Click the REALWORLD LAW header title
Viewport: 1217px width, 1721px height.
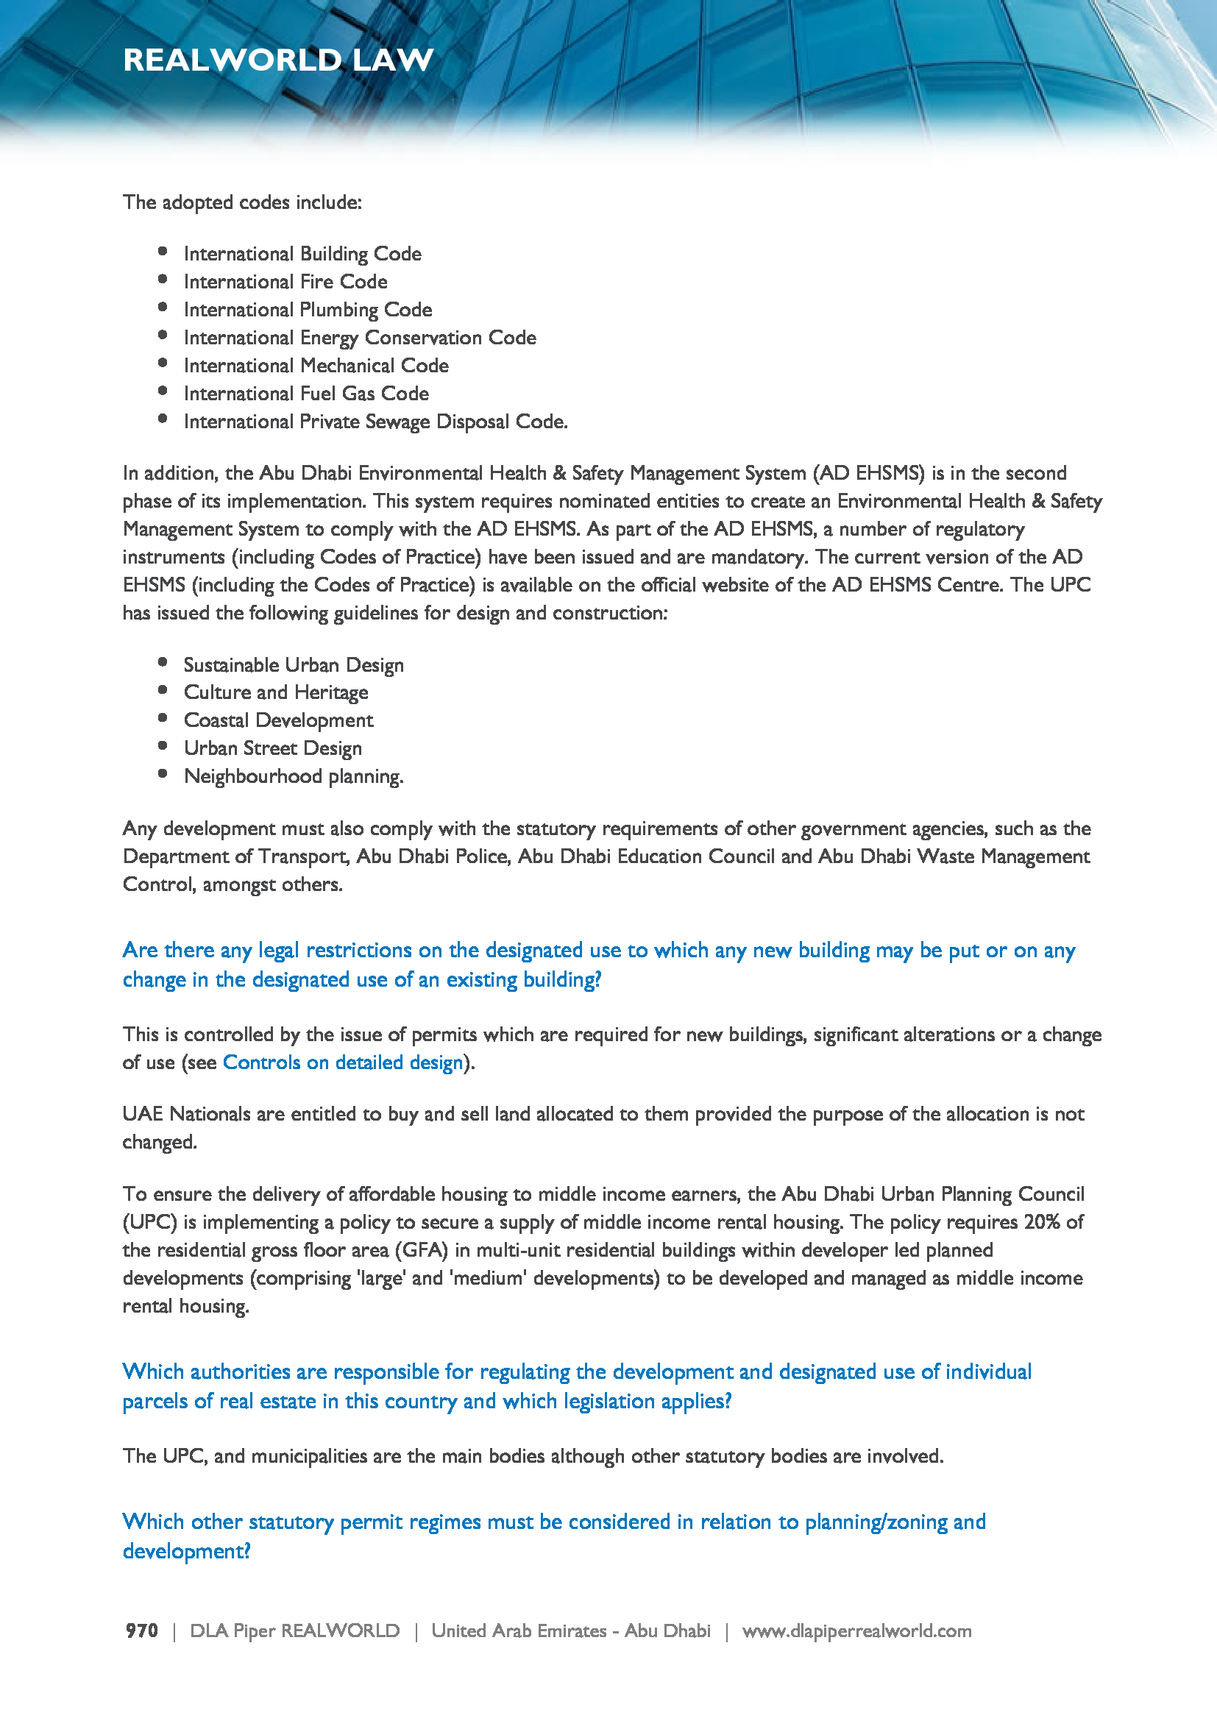point(278,60)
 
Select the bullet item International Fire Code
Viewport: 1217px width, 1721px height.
point(285,282)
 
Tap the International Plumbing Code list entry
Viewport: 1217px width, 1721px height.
point(308,310)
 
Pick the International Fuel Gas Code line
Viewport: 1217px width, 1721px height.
point(307,394)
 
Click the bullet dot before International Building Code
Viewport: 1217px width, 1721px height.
point(163,252)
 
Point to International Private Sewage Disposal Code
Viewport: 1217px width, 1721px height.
point(375,422)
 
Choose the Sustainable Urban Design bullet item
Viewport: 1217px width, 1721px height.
point(294,665)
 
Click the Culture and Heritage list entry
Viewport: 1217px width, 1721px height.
point(276,692)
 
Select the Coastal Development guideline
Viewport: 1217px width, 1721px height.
point(279,720)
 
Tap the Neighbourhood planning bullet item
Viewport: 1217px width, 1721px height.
point(294,776)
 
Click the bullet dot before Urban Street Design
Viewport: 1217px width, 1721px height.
point(163,746)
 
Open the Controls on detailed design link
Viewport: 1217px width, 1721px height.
point(342,1062)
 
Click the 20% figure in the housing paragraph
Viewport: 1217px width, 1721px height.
point(1042,1222)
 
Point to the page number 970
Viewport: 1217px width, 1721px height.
point(141,1630)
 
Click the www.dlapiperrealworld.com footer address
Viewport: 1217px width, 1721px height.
point(856,1630)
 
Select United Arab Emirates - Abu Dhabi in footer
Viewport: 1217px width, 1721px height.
point(570,1630)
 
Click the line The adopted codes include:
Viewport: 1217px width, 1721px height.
point(242,202)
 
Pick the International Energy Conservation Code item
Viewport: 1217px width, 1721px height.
point(360,338)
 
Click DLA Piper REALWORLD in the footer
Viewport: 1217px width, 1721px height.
point(294,1630)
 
